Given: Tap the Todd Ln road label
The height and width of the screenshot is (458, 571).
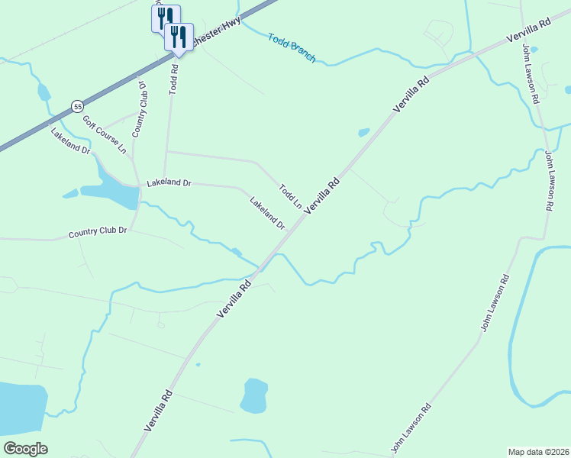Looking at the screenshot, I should point(290,195).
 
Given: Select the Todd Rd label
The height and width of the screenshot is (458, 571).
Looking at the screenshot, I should point(173,78).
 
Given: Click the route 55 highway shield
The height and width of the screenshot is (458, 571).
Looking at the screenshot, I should point(77,106).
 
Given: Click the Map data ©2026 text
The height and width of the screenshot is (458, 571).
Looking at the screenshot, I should point(537,451).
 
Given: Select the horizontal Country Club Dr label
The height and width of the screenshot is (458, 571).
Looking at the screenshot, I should point(97,231).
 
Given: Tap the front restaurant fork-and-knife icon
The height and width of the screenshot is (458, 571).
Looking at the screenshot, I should point(179,36).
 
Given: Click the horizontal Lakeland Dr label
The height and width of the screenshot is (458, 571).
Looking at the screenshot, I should point(169,183).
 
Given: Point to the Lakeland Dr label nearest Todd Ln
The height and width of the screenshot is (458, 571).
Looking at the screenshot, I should point(267,213).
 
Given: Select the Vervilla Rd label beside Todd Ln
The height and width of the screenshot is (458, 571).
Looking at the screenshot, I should point(321,196).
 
